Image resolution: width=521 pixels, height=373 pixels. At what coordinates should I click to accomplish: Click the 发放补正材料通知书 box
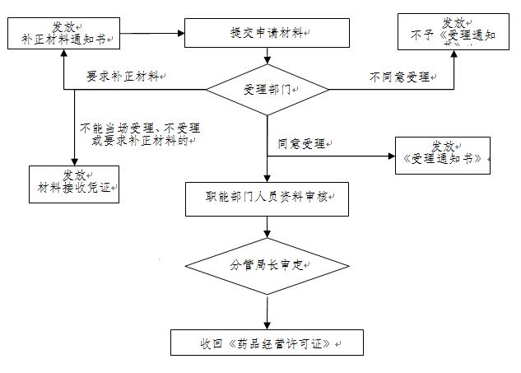[x=65, y=32]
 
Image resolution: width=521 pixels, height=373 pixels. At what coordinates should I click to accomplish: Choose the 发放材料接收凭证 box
[x=74, y=184]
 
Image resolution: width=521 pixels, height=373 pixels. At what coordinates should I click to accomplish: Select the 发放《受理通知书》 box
[x=443, y=155]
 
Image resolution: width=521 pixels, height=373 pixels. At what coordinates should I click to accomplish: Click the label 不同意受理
[x=400, y=77]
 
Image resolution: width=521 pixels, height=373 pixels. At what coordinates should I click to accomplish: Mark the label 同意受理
[x=302, y=143]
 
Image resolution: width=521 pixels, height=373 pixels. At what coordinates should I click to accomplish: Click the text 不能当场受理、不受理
[x=140, y=128]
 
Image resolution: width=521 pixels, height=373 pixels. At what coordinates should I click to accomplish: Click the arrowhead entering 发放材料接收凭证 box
[x=74, y=161]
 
